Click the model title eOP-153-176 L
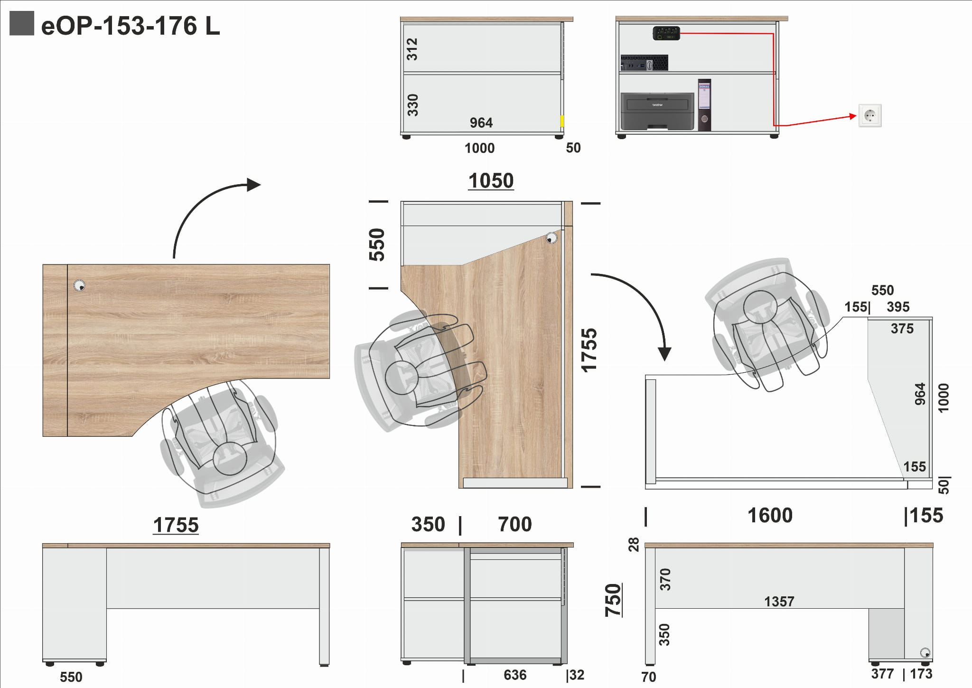131,26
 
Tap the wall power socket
870,115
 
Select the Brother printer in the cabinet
657,111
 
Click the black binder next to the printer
704,105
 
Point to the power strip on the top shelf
666,33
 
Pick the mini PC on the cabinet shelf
644,63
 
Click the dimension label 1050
491,181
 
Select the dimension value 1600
770,515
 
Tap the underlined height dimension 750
613,600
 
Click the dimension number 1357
779,602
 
